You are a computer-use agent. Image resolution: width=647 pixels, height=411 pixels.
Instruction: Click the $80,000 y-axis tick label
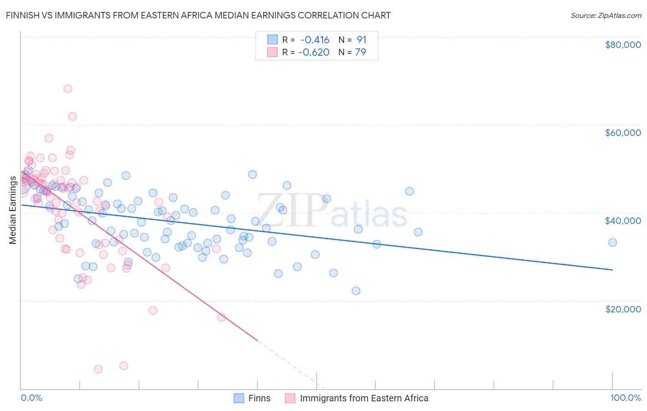623,45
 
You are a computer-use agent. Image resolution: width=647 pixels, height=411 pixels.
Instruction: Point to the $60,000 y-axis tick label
623,133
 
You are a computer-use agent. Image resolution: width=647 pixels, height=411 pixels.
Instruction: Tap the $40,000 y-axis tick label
623,221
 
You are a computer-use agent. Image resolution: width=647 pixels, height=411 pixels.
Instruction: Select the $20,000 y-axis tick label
623,309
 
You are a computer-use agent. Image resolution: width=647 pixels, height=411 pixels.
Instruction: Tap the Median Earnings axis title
13,210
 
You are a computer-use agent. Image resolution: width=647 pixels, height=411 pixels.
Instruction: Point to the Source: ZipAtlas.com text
606,15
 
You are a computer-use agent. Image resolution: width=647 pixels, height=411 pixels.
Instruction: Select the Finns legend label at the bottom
259,399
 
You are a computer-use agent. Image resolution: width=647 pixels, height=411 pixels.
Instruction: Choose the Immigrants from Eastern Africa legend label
364,399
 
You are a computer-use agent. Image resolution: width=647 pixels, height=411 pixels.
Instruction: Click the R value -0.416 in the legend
315,40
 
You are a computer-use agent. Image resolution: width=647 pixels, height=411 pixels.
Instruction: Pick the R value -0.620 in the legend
314,53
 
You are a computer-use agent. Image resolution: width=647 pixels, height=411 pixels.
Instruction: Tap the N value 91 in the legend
362,40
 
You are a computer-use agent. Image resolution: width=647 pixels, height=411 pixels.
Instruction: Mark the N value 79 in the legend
361,53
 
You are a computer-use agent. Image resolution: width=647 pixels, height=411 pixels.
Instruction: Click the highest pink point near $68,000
68,89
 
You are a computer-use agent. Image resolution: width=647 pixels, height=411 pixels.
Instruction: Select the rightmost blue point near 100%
612,242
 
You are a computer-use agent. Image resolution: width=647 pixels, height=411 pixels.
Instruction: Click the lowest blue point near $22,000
356,291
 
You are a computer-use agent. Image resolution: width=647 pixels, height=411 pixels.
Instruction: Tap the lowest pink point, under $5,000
98,369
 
